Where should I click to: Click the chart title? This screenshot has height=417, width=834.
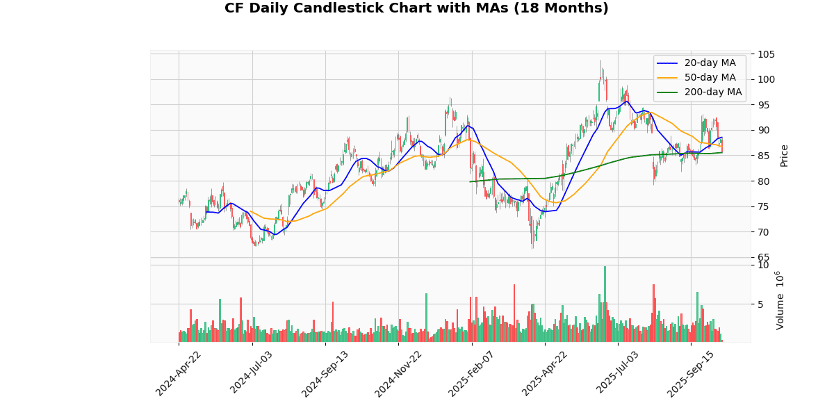pos(416,8)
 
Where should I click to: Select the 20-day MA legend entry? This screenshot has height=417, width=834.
pos(704,63)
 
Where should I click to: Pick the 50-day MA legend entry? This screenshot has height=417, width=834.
pos(704,77)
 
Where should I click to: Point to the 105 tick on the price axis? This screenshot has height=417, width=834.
pos(767,54)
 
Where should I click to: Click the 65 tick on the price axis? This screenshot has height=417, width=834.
pos(764,257)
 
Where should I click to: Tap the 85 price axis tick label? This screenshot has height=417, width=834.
pos(764,156)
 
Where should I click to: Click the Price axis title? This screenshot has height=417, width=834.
pos(784,155)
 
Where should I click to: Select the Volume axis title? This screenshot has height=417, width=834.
pos(780,300)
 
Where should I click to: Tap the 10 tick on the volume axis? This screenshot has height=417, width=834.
pos(763,265)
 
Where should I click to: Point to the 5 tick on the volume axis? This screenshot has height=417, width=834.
pos(761,304)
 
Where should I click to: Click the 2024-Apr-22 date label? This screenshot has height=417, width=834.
pos(179,373)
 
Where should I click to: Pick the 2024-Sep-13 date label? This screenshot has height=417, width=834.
pos(326,373)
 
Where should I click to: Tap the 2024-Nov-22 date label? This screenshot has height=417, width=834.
pos(399,373)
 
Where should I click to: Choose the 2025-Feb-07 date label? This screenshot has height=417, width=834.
pos(473,373)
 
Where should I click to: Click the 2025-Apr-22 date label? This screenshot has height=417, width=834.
pos(546,373)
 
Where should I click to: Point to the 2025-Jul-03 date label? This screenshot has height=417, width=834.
pos(619,373)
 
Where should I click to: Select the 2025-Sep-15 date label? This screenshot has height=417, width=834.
pos(692,373)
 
